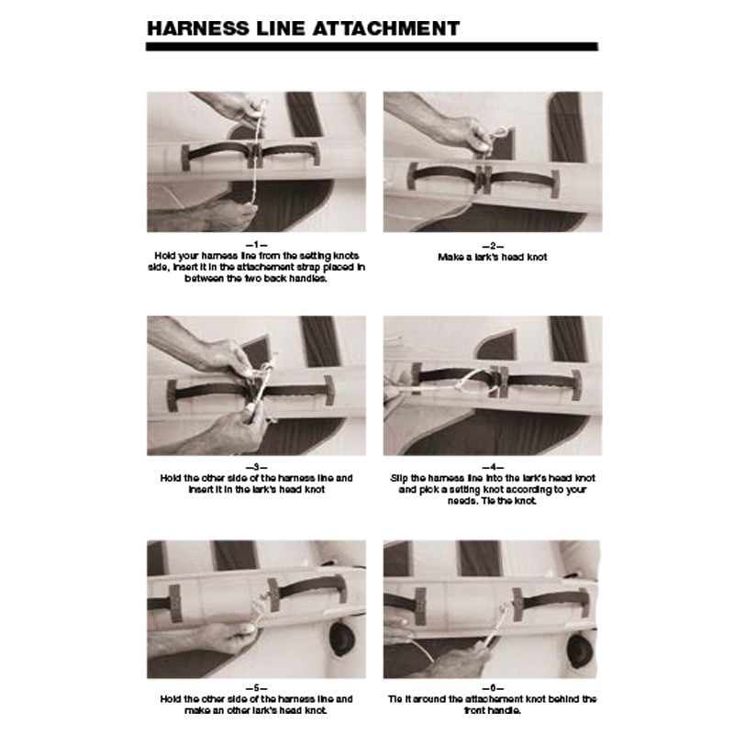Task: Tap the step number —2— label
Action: pos(493,245)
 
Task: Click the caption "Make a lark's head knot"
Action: pos(493,257)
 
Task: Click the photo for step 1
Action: pos(256,161)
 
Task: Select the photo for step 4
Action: pos(493,385)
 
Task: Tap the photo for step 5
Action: pos(256,607)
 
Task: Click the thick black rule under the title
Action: pos(372,46)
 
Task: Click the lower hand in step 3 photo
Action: pos(225,431)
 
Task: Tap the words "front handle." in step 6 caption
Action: pos(493,711)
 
